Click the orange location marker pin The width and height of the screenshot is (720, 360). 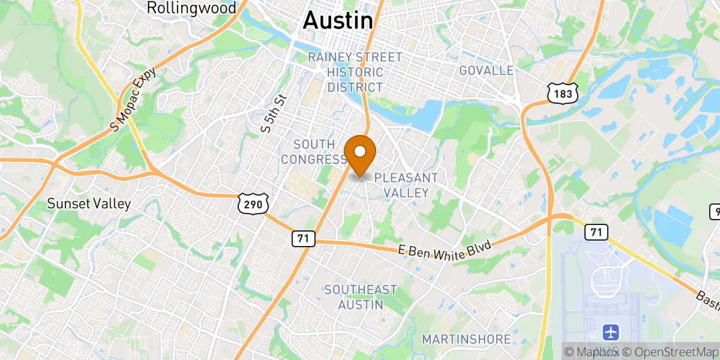361,153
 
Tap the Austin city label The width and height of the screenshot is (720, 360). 338,20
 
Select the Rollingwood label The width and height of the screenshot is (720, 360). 191,8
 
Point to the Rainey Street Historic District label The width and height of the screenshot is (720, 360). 355,72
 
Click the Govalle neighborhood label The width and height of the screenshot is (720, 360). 486,71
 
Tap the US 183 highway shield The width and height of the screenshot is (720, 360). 563,92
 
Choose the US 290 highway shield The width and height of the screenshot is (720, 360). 248,205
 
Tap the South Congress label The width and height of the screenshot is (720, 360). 314,152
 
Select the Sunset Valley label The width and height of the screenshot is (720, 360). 89,204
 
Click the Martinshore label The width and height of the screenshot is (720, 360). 466,340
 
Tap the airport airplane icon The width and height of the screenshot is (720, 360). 611,331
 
